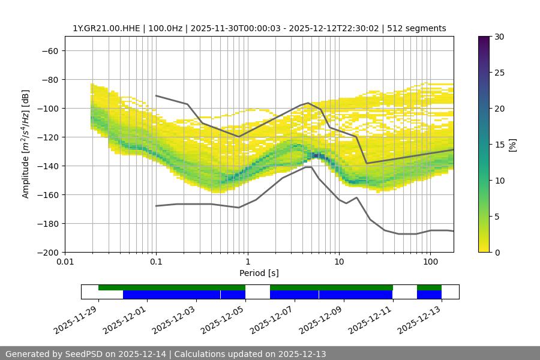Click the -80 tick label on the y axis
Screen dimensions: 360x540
(x=49, y=79)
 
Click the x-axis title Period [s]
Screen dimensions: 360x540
(x=259, y=273)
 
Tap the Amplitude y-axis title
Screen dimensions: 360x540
(x=26, y=144)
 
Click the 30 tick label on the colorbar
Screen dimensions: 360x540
(x=499, y=37)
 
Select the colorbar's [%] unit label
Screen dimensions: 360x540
(x=512, y=145)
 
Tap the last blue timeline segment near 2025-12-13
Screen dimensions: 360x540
(x=429, y=295)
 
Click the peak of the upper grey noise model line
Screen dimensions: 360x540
(x=308, y=103)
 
